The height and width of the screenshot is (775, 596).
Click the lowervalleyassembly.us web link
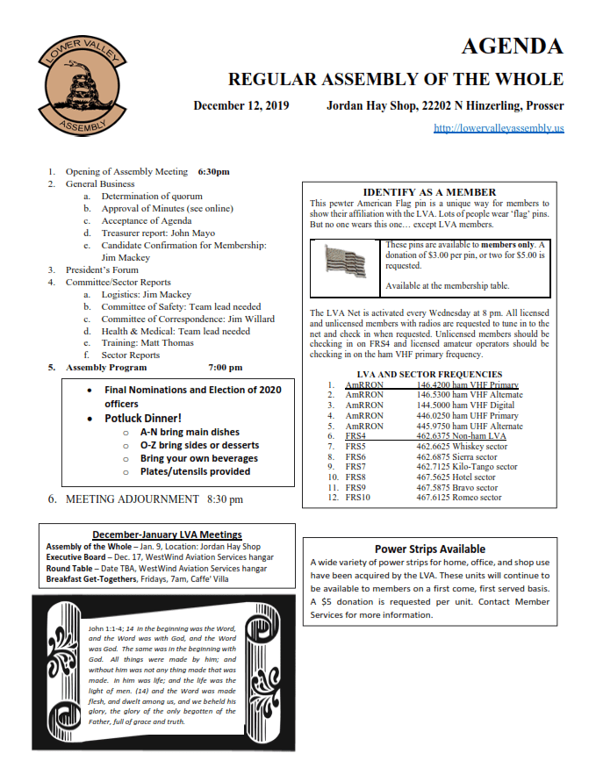tap(499, 127)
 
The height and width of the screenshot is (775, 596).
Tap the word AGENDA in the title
tap(512, 47)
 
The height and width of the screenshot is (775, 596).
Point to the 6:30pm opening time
tap(213, 172)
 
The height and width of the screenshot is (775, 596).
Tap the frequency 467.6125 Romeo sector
tap(458, 498)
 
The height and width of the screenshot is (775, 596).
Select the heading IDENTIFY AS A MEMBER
tap(429, 192)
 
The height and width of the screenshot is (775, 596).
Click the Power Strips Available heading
tap(429, 549)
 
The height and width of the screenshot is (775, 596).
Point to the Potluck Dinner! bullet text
tap(143, 419)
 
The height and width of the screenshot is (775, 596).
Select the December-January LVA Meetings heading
tap(167, 535)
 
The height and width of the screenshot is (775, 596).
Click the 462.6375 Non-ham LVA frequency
tap(460, 435)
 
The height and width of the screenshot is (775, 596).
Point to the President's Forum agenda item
tap(102, 270)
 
